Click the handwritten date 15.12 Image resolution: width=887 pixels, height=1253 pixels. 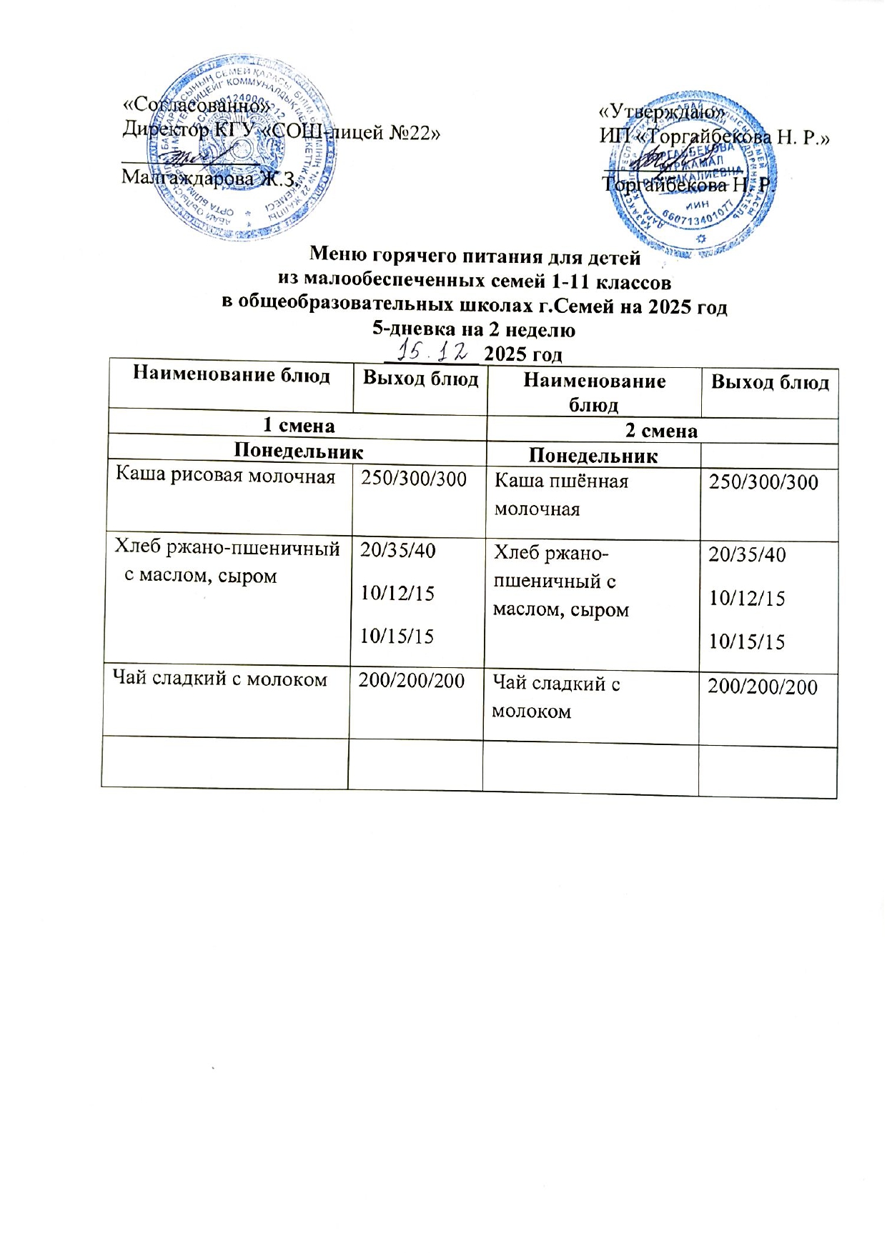click(435, 351)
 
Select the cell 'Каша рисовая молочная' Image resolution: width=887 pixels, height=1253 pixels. click(226, 476)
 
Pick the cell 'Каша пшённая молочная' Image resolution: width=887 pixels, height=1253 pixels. click(561, 494)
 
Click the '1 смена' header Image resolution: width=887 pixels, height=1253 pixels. click(299, 426)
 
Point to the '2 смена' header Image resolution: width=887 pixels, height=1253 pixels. click(661, 431)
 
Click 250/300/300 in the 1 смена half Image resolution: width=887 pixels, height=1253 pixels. click(414, 479)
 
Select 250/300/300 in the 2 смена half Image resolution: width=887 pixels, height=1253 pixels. click(763, 482)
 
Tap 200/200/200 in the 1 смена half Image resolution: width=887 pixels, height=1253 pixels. click(412, 680)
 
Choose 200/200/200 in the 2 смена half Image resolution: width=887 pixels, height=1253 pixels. click(763, 687)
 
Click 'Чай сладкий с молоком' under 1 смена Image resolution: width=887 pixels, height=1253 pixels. click(221, 679)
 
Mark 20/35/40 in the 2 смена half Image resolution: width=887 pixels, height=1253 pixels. click(747, 554)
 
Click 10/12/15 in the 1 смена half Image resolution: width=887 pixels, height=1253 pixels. click(397, 593)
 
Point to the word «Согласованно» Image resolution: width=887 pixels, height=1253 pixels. click(197, 105)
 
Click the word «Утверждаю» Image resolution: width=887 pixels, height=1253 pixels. click(662, 112)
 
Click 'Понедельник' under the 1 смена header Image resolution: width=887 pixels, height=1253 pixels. click(299, 451)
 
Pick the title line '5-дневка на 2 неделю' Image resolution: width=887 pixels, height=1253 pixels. click(474, 330)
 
